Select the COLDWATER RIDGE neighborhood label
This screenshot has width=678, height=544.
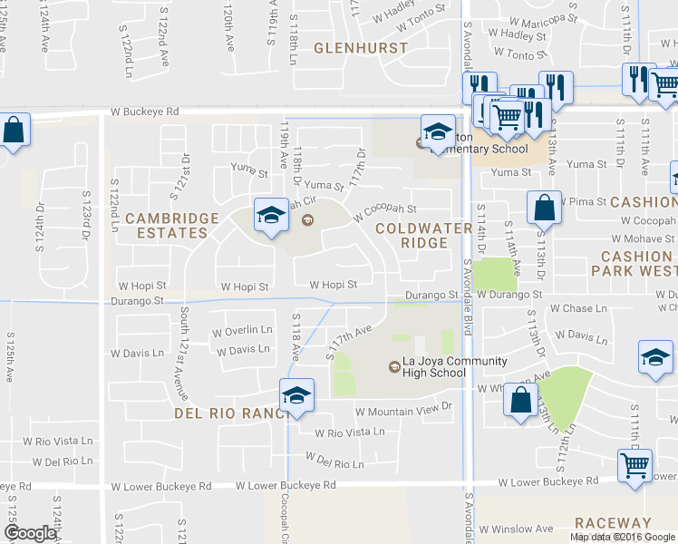(423, 236)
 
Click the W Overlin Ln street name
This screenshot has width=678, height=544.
(242, 330)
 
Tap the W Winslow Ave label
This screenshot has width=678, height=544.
(516, 529)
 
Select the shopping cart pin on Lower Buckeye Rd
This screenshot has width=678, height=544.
(634, 467)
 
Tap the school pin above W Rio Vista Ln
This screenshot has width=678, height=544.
(295, 397)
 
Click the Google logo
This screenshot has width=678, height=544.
(30, 533)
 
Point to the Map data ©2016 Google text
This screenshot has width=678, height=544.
(623, 537)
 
